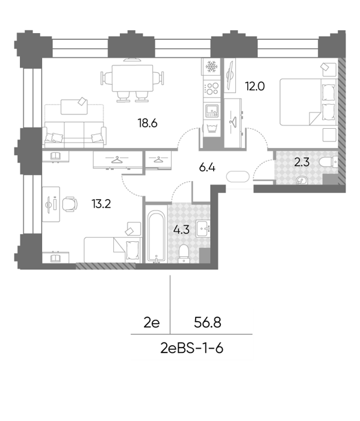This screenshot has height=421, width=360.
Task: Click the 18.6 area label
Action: [147, 123]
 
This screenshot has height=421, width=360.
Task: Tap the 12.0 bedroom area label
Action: [255, 87]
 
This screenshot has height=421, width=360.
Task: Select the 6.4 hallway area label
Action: [208, 168]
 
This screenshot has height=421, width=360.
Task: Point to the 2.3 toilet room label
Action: [302, 162]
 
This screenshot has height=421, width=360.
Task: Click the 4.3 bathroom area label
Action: [182, 230]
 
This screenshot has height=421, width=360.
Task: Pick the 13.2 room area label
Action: [101, 204]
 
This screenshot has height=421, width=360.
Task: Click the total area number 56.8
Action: [208, 322]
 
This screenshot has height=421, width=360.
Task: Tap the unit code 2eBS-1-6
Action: [192, 348]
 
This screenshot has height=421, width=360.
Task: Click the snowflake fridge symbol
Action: [212, 67]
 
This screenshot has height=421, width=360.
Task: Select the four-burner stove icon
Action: [212, 88]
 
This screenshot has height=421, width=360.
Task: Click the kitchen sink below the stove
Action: [212, 111]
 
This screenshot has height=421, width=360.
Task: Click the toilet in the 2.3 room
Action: [329, 162]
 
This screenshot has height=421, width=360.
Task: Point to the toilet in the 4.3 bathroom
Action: [184, 253]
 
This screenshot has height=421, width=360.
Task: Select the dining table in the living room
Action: [132, 78]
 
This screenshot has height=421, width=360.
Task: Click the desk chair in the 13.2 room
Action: [70, 204]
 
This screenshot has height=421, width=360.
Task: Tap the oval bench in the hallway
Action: [238, 177]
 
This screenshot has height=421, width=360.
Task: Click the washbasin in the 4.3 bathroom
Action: [203, 229]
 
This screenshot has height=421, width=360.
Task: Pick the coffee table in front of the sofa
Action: [74, 106]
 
